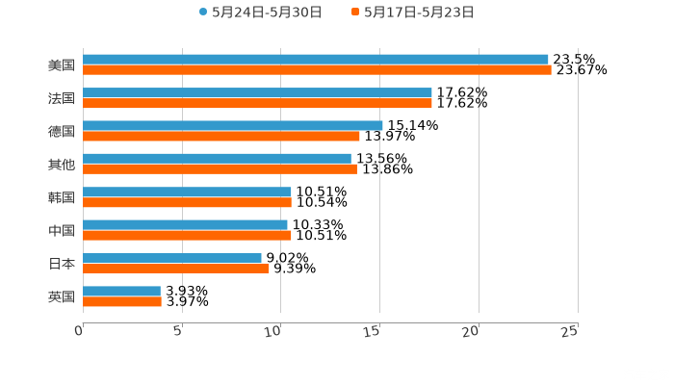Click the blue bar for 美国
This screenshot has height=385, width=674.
point(316,60)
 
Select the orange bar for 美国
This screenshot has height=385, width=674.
point(317,70)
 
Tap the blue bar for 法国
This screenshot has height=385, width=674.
point(257,92)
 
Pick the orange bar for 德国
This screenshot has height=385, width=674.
point(221,136)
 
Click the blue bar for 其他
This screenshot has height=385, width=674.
point(217,158)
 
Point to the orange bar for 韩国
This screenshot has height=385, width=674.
point(187,202)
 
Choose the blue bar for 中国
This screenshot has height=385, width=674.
point(185,224)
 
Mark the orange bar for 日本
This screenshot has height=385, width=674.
point(176,269)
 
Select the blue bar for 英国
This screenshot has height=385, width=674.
point(121,291)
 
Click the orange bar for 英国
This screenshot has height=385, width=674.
point(122,301)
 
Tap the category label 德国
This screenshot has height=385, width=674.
point(62,131)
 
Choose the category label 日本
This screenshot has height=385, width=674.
point(62,263)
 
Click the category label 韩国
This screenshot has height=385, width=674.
point(62,197)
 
